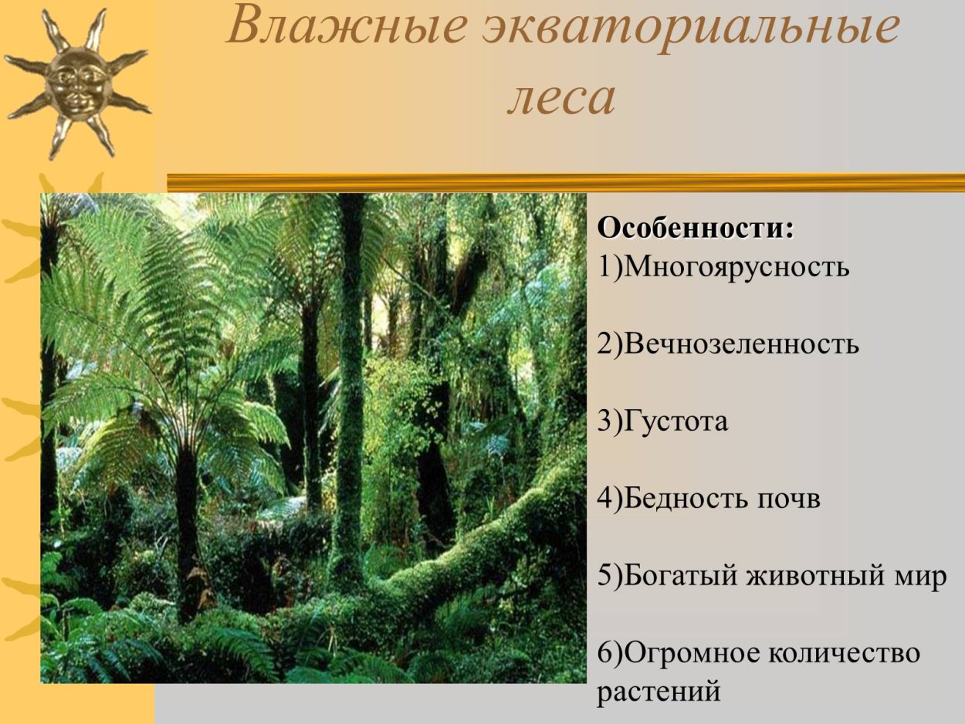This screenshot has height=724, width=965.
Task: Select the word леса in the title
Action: click(x=561, y=99)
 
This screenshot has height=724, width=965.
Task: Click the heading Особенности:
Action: click(x=696, y=229)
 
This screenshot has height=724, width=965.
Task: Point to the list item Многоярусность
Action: click(x=736, y=268)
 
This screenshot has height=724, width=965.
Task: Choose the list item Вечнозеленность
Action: click(x=741, y=344)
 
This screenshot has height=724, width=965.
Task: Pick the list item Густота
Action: click(x=675, y=421)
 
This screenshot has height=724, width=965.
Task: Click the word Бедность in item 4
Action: click(x=679, y=499)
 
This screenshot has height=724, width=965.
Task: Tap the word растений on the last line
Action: click(x=658, y=690)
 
